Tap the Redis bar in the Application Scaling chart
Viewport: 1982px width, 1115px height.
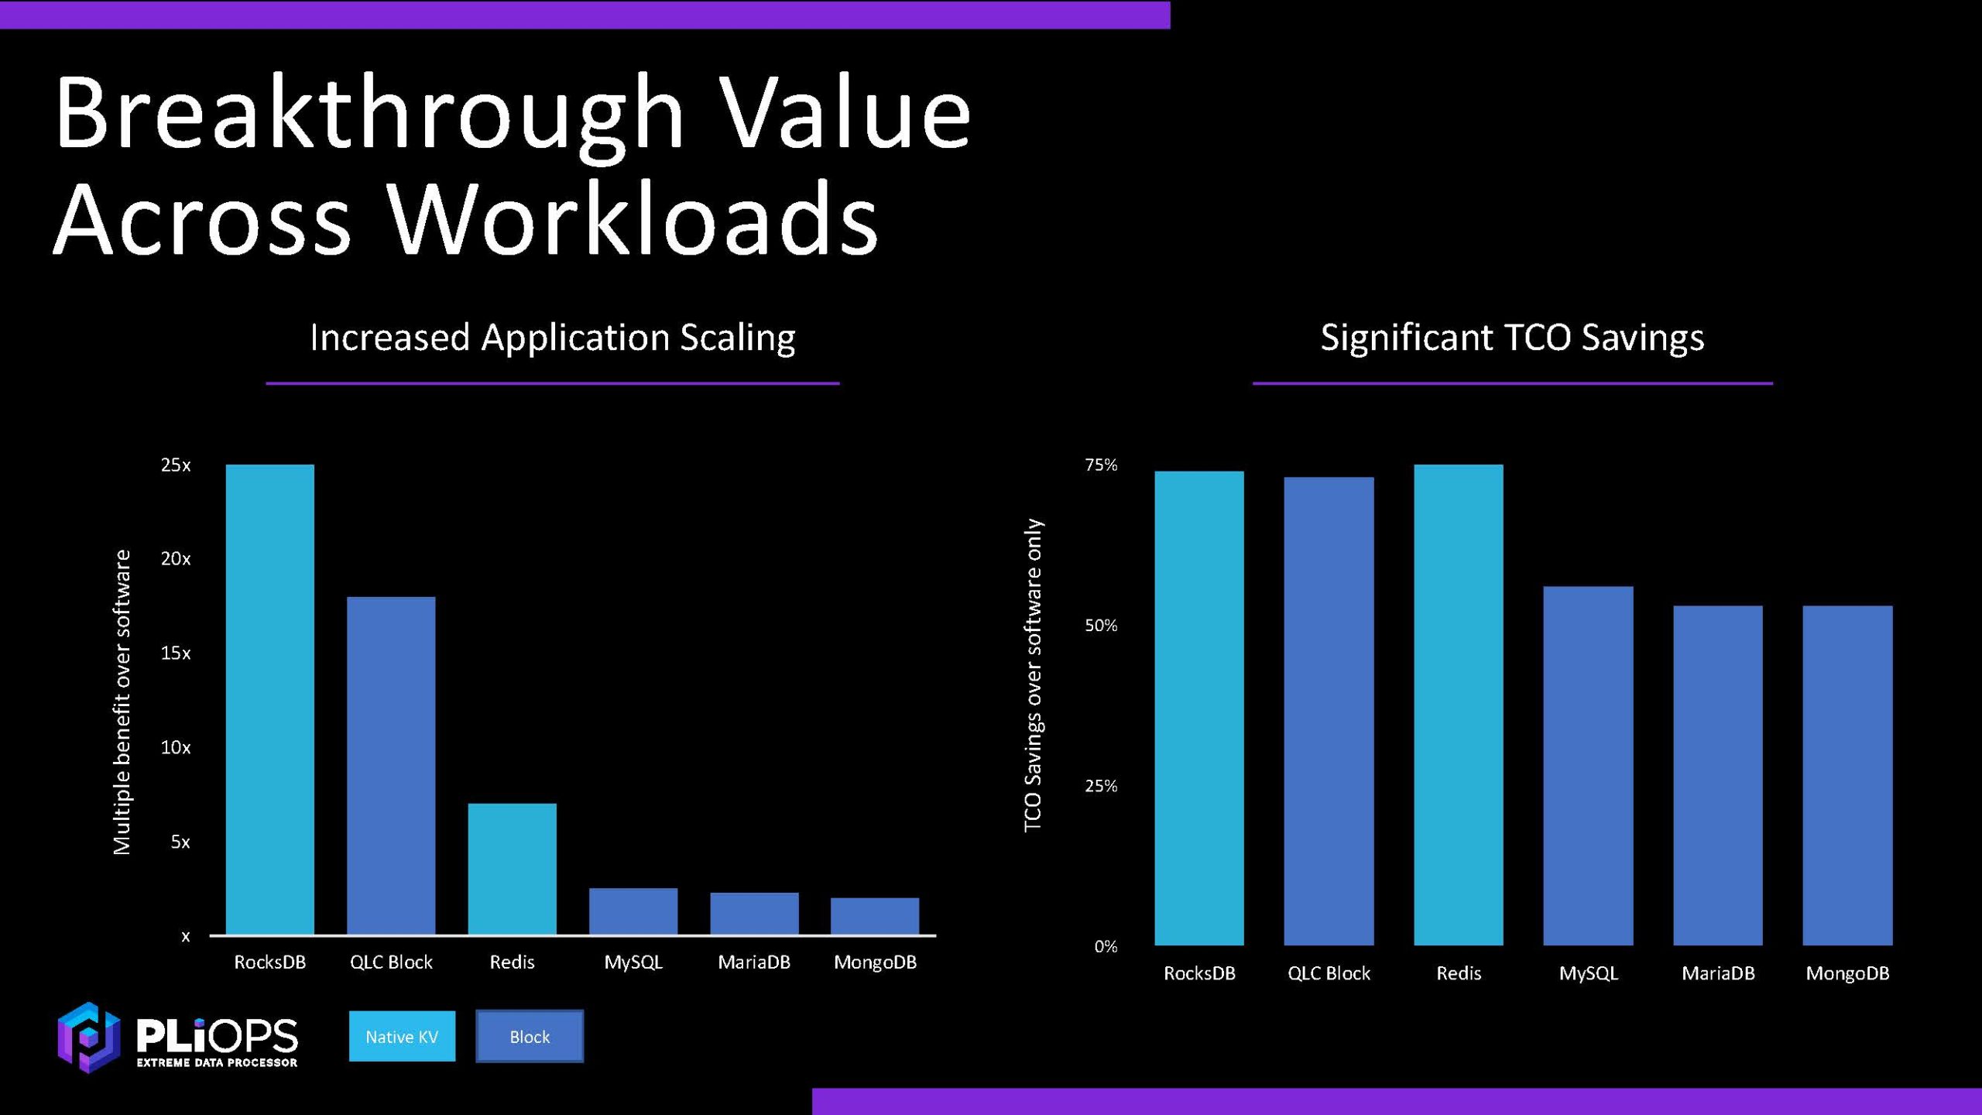pyautogui.click(x=512, y=869)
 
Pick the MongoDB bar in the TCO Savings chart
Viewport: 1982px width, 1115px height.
pyautogui.click(x=1847, y=775)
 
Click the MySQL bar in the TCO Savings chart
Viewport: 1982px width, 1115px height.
pyautogui.click(x=1588, y=766)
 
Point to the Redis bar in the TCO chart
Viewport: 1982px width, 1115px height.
pyautogui.click(x=1459, y=705)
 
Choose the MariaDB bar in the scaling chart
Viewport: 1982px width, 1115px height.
pyautogui.click(x=754, y=914)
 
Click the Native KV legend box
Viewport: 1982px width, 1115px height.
pyautogui.click(x=402, y=1036)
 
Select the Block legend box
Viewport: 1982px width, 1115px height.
pyautogui.click(x=530, y=1036)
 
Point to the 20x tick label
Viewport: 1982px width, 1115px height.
pyautogui.click(x=176, y=559)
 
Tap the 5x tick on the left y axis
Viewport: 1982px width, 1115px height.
pyautogui.click(x=180, y=842)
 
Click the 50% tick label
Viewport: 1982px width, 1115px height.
pyautogui.click(x=1101, y=626)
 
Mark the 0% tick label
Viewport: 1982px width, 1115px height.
pyautogui.click(x=1106, y=946)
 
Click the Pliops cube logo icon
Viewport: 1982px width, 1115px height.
pyautogui.click(x=88, y=1037)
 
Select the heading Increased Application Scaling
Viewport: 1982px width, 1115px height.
pyautogui.click(x=552, y=338)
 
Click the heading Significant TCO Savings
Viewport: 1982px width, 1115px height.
pyautogui.click(x=1512, y=338)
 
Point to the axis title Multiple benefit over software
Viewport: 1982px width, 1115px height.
pyautogui.click(x=122, y=702)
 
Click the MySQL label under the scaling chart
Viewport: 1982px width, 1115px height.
pyautogui.click(x=633, y=962)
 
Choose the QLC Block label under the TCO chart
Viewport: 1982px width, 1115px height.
pyautogui.click(x=1329, y=973)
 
